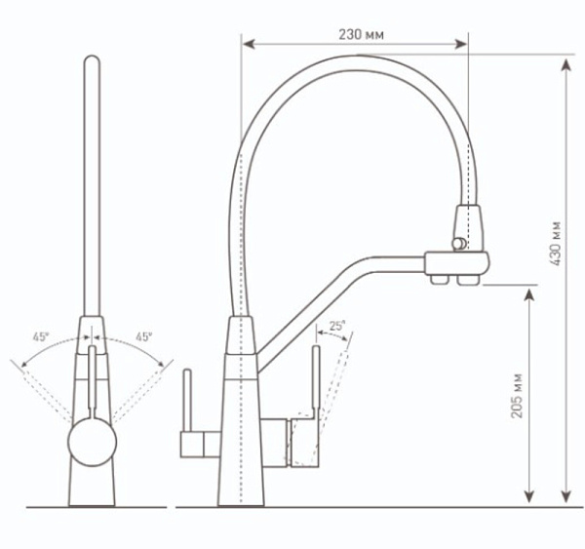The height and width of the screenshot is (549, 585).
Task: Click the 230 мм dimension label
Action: (361, 34)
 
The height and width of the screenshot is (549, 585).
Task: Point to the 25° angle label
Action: (337, 327)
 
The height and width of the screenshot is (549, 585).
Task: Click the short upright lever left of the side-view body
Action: (189, 400)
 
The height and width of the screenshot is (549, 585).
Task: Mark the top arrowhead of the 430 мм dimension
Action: (566, 65)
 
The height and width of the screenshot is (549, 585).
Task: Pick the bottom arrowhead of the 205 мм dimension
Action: (528, 498)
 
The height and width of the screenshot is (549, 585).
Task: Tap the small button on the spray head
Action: (453, 241)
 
